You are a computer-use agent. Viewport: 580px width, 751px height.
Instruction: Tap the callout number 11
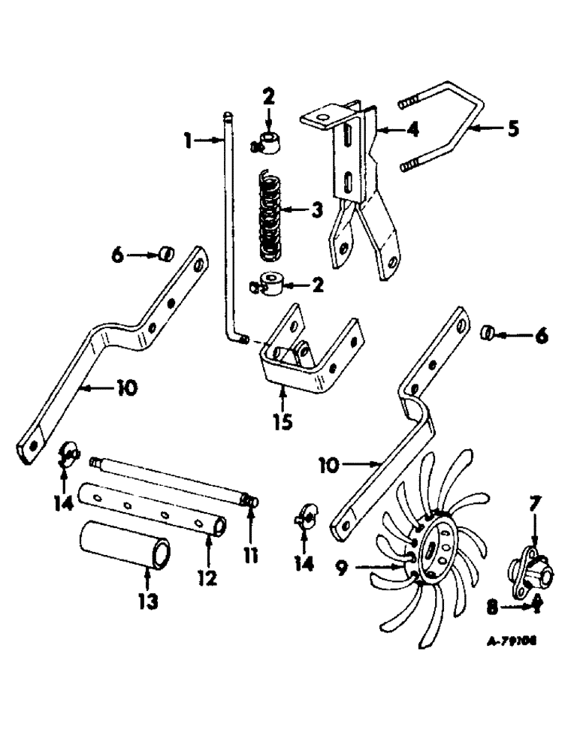250,557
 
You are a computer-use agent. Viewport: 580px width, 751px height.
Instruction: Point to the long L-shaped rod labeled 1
228,225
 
